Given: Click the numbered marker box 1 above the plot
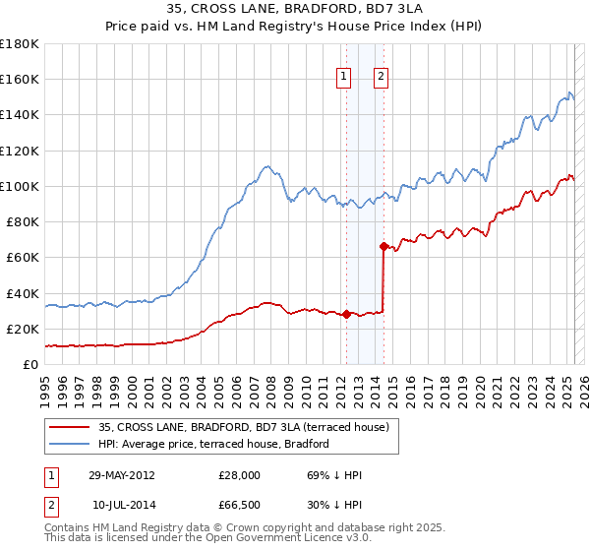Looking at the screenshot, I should pos(344,78).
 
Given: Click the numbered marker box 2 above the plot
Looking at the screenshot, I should pos(381,78).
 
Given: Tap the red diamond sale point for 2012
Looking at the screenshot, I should pos(346,315).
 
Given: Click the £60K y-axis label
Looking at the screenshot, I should pos(23,258).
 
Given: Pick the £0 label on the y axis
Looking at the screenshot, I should pos(29,364).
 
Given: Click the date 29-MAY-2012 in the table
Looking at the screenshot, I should pos(121,475).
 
